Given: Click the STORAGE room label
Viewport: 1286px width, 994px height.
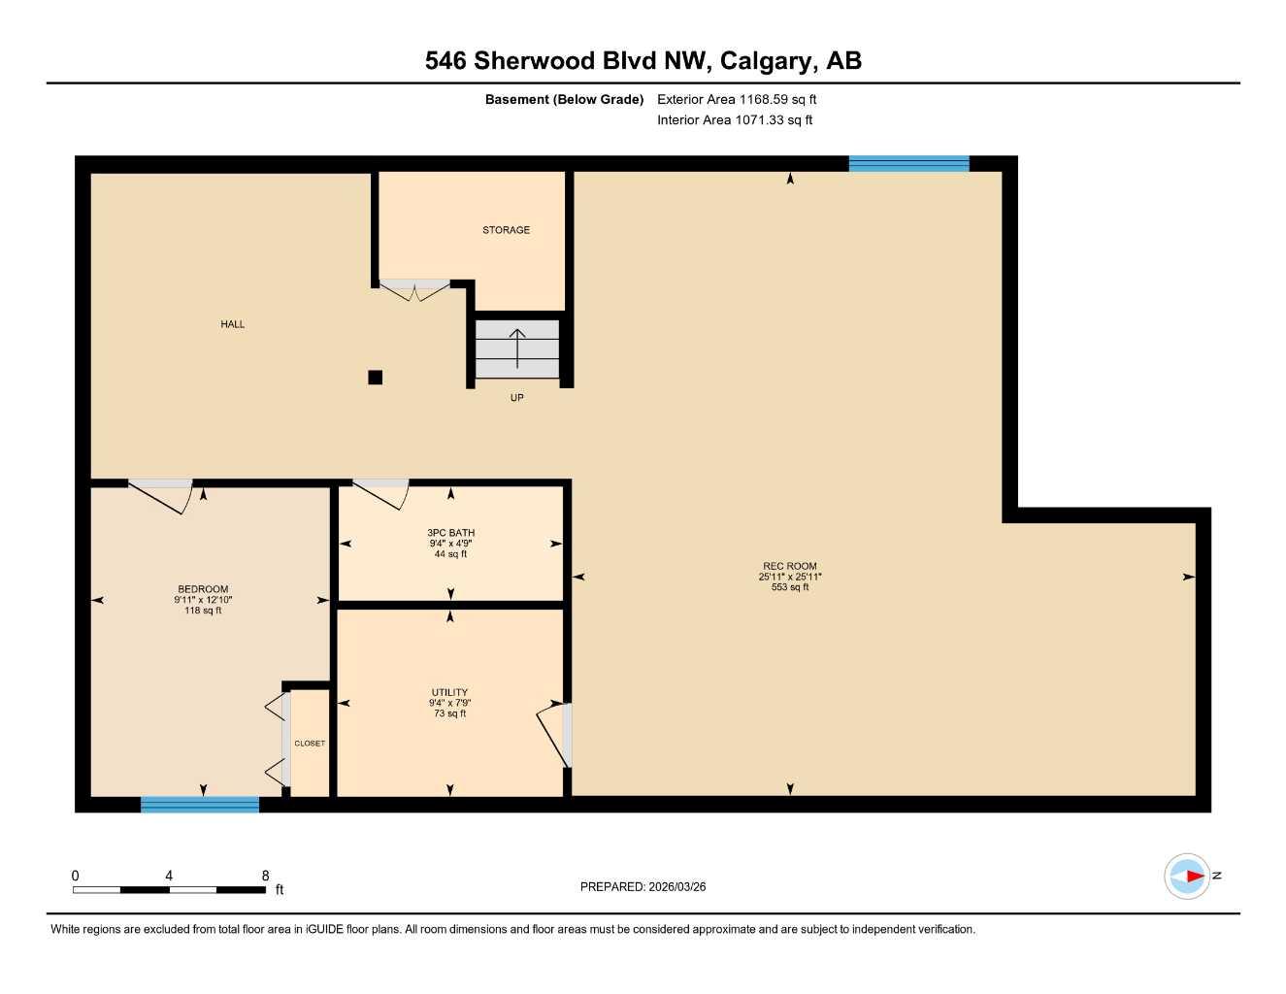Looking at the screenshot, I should point(506,230).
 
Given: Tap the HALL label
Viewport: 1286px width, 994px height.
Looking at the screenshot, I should point(233,324).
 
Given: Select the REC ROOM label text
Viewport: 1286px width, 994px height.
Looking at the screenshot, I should point(789,566).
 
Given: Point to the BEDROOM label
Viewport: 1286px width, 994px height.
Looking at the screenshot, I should point(203,589).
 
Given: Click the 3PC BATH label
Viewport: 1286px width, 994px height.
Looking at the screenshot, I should point(450,533).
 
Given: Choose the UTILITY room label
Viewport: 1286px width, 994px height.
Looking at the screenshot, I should point(449,693).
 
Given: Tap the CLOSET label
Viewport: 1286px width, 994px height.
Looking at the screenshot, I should point(310,744).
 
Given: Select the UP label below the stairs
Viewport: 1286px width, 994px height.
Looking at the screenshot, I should point(517,398).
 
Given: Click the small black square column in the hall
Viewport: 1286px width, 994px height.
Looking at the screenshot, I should point(376,378).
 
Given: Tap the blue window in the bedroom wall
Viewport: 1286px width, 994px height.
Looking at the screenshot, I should point(200,804).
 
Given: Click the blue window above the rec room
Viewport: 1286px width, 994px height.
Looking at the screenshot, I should point(908,163).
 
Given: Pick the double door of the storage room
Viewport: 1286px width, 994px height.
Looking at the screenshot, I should point(414,289).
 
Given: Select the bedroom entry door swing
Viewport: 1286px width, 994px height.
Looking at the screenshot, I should point(161,495).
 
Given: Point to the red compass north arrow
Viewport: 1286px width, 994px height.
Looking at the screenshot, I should point(1193,877).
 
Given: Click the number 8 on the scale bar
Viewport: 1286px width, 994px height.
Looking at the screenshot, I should point(265,876).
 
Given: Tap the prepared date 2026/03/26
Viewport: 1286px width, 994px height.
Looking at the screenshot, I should point(676,886).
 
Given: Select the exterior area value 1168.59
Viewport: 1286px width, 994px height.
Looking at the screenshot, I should point(761,99).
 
